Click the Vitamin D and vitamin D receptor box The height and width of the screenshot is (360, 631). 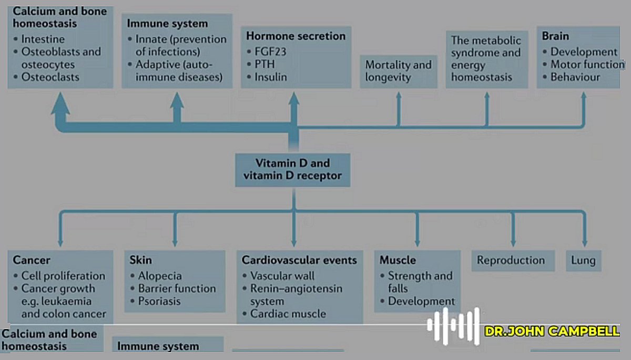pyautogui.click(x=292, y=169)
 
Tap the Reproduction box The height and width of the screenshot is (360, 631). pyautogui.click(x=511, y=260)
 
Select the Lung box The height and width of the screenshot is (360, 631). pyautogui.click(x=583, y=260)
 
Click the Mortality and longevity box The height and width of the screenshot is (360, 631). pyautogui.click(x=398, y=71)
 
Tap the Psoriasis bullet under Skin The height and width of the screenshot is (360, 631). pyautogui.click(x=159, y=301)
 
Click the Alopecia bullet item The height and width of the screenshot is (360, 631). pyautogui.click(x=159, y=276)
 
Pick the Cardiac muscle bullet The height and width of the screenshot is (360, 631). pyautogui.click(x=288, y=314)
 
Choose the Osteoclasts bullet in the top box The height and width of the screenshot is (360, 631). pyautogui.click(x=50, y=77)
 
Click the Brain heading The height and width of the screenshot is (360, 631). pyautogui.click(x=555, y=36)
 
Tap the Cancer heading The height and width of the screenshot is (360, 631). pyautogui.click(x=32, y=260)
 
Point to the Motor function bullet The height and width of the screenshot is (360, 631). pyautogui.click(x=587, y=65)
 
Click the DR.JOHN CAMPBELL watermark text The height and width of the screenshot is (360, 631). pyautogui.click(x=552, y=332)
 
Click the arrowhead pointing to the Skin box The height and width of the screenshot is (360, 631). pyautogui.click(x=176, y=242)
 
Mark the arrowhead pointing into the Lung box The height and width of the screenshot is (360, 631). pyautogui.click(x=584, y=242)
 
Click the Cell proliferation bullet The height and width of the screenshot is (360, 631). pyautogui.click(x=63, y=276)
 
